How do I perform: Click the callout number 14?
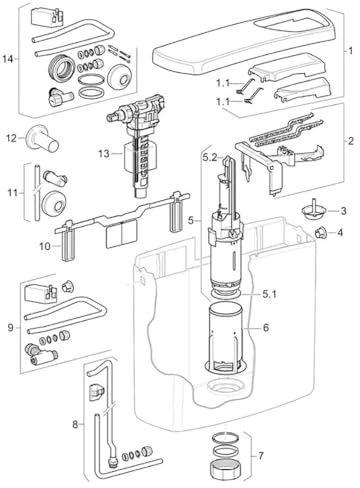[x=8, y=59]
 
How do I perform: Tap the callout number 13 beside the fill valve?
[x=104, y=154]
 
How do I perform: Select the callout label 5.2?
[x=210, y=156]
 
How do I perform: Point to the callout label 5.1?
[x=269, y=294]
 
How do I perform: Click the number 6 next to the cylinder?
[x=265, y=328]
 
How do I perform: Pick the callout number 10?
[x=45, y=246]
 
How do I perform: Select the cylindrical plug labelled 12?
[x=43, y=140]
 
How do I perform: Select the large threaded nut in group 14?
[x=62, y=69]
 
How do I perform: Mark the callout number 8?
[x=76, y=424]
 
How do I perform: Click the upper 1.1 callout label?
[x=223, y=83]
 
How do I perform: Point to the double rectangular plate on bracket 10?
[x=122, y=235]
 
